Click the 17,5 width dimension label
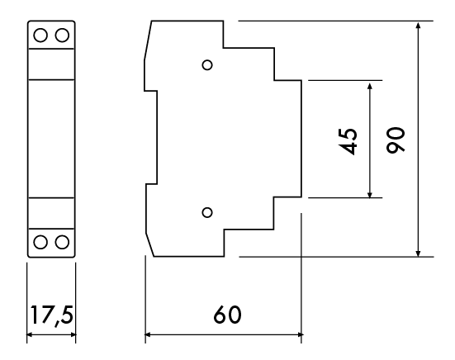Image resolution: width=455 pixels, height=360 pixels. (x=52, y=315)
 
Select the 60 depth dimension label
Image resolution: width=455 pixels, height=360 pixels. (x=227, y=315)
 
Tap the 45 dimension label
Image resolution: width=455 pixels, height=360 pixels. (x=348, y=141)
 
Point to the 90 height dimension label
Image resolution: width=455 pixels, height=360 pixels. (x=396, y=140)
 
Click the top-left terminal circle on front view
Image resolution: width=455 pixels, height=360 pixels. (x=40, y=36)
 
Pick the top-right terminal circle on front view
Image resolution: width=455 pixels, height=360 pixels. (x=62, y=36)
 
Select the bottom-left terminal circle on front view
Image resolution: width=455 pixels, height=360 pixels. (x=40, y=242)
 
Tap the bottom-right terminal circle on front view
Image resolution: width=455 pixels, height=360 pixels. (x=62, y=242)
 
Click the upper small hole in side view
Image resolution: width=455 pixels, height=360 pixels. (x=207, y=64)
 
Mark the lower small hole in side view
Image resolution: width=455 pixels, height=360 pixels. (x=207, y=212)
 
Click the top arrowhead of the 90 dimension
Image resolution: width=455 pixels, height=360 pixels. (x=418, y=26)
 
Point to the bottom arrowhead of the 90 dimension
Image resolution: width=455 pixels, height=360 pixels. (x=418, y=253)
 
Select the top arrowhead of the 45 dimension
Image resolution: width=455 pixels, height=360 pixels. (x=370, y=86)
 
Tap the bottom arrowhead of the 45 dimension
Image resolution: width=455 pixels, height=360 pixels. (x=370, y=193)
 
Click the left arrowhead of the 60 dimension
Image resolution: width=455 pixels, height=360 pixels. (x=148, y=334)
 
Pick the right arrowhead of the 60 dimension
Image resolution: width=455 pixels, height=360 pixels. (x=299, y=334)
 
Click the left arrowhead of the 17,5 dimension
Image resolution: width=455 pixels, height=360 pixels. (x=31, y=334)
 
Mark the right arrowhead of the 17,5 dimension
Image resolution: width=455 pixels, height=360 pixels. (x=72, y=334)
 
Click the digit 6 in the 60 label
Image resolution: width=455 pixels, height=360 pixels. (x=220, y=315)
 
